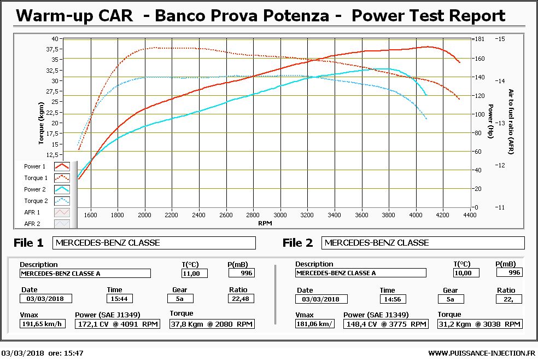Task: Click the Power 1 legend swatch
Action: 62,166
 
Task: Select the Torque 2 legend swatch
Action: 62,201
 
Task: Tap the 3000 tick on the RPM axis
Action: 280,215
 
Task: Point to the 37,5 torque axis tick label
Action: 55,49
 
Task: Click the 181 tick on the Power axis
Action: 479,39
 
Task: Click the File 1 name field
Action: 154,243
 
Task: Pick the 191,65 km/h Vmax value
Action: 42,324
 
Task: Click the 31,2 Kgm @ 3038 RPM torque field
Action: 479,324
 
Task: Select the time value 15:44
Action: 119,299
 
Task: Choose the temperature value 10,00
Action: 466,272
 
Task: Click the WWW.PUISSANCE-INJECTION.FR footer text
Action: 482,353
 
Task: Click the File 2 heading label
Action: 298,242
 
